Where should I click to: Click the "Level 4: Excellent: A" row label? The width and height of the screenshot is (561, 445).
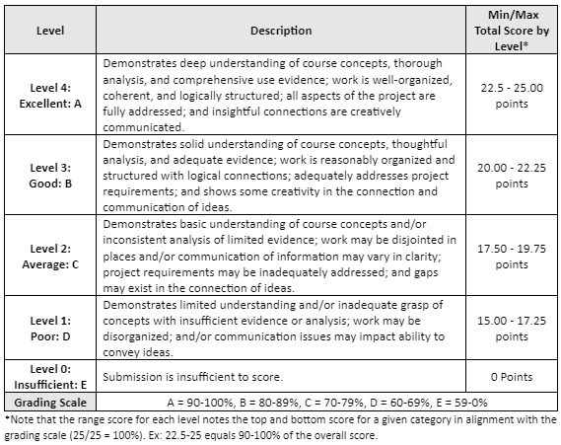pos(50,95)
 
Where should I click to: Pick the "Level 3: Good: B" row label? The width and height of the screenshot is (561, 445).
pos(50,175)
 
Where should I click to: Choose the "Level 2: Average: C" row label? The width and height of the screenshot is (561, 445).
pos(50,255)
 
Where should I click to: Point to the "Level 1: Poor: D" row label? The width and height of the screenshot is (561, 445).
pos(50,329)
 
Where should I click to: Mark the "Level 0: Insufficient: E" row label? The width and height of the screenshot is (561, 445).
pos(50,378)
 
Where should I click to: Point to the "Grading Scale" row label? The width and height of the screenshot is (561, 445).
pos(50,403)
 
